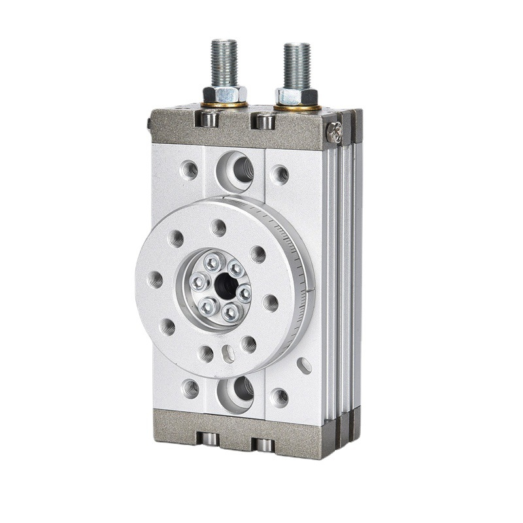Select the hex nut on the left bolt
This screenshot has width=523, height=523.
point(224,93)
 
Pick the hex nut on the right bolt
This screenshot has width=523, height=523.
point(296,95)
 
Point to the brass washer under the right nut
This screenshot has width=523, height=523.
point(297,106)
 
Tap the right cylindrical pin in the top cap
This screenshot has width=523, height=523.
point(265,122)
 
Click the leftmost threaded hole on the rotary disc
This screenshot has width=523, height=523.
point(157,279)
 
